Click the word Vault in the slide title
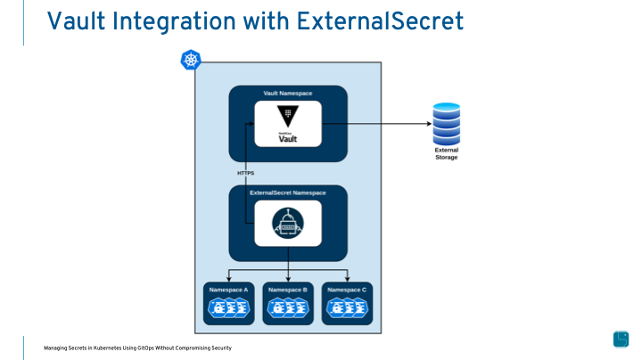[x=74, y=20]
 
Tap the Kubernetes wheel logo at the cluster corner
[x=191, y=61]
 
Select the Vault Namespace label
[x=287, y=94]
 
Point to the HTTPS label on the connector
[x=245, y=172]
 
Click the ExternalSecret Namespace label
[x=287, y=192]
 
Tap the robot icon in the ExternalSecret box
[x=287, y=223]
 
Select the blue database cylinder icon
[x=447, y=123]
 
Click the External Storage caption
[x=447, y=153]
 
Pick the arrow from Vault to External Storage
[x=374, y=125]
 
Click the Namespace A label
[x=228, y=290]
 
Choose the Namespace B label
[x=287, y=290]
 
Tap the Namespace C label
[x=347, y=290]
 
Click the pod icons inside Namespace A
[x=228, y=308]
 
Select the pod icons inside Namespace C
[x=347, y=308]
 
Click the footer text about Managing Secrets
[x=137, y=348]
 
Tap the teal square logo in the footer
[x=621, y=339]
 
